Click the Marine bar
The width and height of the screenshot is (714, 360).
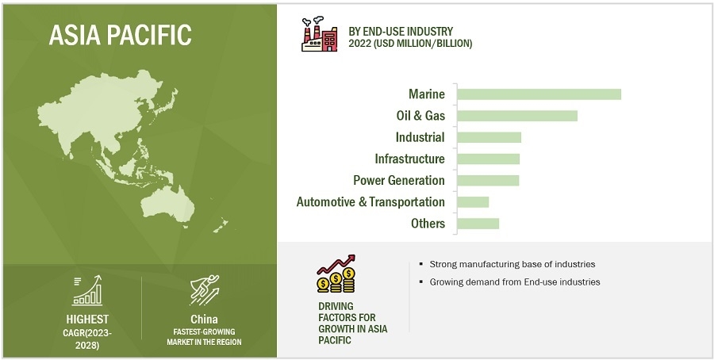tap(539, 94)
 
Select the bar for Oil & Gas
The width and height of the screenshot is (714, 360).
tap(517, 116)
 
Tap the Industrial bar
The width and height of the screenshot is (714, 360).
tap(489, 137)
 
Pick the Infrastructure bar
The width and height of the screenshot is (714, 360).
tap(489, 159)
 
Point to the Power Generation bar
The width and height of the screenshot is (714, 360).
tap(488, 180)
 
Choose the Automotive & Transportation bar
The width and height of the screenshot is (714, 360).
tap(473, 202)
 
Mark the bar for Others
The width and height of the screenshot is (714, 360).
tap(478, 224)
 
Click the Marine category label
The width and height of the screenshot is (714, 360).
tap(427, 94)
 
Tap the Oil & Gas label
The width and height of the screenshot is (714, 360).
tap(420, 116)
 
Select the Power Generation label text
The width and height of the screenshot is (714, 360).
tap(399, 180)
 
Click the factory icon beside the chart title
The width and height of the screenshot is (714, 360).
tap(319, 34)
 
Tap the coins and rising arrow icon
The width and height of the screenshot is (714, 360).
tap(336, 274)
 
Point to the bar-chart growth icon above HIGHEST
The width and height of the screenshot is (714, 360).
tap(87, 290)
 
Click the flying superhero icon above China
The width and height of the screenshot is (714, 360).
tap(205, 290)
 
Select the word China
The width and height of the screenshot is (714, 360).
tap(204, 319)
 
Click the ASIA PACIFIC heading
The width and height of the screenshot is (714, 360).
tap(121, 35)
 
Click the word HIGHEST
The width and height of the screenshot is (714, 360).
tap(87, 319)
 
